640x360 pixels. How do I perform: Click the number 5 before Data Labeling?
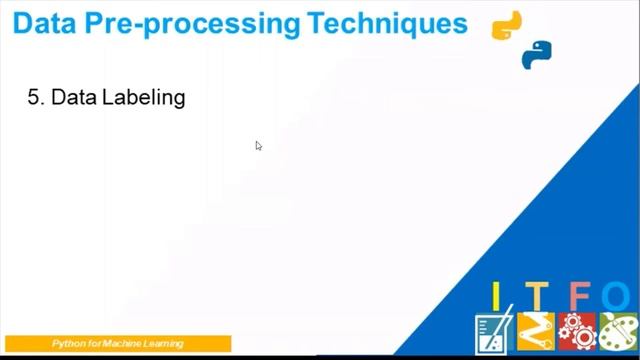33,98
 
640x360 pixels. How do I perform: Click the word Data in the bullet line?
73,98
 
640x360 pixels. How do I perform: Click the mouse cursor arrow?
258,145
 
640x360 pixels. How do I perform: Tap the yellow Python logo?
507,25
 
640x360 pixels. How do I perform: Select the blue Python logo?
537,55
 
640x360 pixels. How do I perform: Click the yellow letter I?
494,296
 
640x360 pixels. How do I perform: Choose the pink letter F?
578,296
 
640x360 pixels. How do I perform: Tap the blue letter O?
617,296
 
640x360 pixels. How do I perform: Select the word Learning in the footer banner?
165,344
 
